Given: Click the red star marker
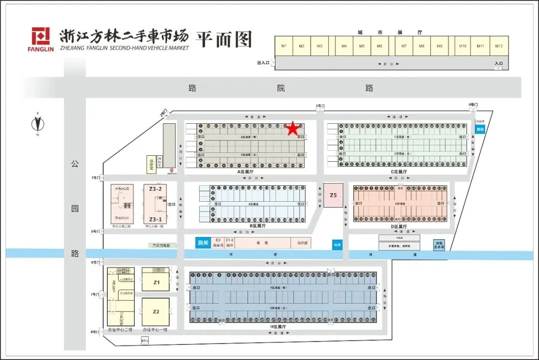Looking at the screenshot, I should (x=292, y=129).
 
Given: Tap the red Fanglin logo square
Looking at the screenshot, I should (x=41, y=36).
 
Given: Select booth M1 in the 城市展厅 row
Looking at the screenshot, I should (x=284, y=46).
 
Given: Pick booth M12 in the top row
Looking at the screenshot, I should (x=499, y=46).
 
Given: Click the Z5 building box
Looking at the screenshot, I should (x=333, y=196).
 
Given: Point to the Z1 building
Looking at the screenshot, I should (x=156, y=283).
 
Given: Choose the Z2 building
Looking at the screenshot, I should (x=156, y=311).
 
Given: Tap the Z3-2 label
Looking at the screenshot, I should (x=155, y=189).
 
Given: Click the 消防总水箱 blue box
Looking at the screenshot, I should (x=439, y=245).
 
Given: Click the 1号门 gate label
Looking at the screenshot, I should (x=96, y=178).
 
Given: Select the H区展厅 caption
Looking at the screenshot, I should (x=280, y=326).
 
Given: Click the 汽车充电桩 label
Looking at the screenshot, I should (x=162, y=246).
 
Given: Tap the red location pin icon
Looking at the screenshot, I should (x=172, y=170).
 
